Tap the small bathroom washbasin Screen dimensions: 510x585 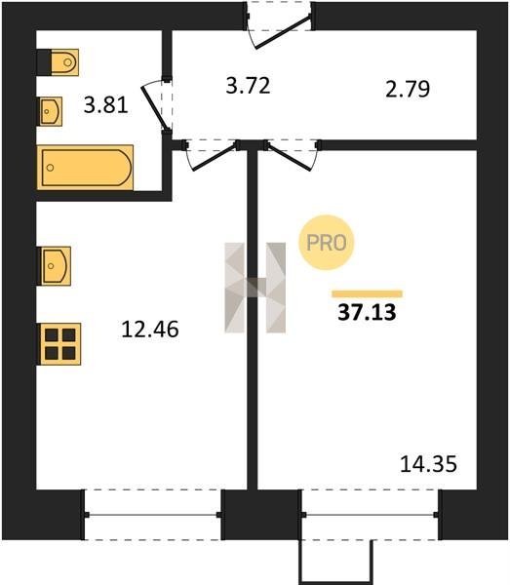click(51, 111)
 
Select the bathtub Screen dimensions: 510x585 click(85, 168)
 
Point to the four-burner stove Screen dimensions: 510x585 click(60, 344)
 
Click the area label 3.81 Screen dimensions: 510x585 click(106, 105)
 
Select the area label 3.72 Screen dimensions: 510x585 click(248, 86)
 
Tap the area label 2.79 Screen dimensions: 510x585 click(408, 89)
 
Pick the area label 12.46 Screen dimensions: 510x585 click(150, 330)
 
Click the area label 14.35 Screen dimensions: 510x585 click(428, 464)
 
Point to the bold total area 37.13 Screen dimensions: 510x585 click(367, 312)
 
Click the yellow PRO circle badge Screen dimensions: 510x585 click(326, 243)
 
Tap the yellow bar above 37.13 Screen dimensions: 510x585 click(367, 294)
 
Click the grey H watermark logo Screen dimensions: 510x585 click(255, 288)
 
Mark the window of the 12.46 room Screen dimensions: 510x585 click(153, 515)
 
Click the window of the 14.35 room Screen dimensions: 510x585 click(370, 515)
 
